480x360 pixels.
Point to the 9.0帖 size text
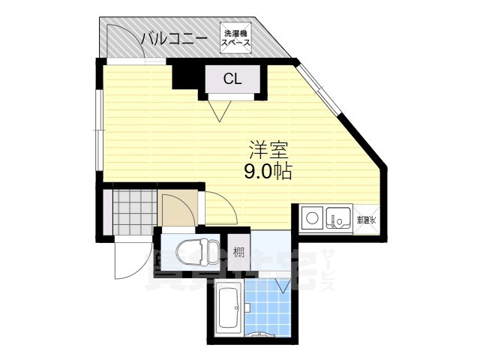[266, 171]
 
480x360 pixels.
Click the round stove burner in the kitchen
[311, 220]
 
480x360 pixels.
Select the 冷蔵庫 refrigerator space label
[366, 220]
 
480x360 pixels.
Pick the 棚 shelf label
[238, 252]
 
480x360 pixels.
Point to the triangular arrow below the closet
[220, 112]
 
